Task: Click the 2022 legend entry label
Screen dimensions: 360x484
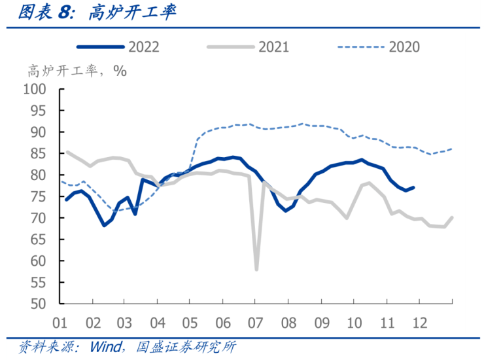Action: click(144, 46)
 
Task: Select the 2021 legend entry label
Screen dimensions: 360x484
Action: click(274, 46)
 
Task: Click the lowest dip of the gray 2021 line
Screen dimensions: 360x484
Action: click(256, 270)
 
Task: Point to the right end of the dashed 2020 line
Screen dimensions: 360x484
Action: click(452, 149)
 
